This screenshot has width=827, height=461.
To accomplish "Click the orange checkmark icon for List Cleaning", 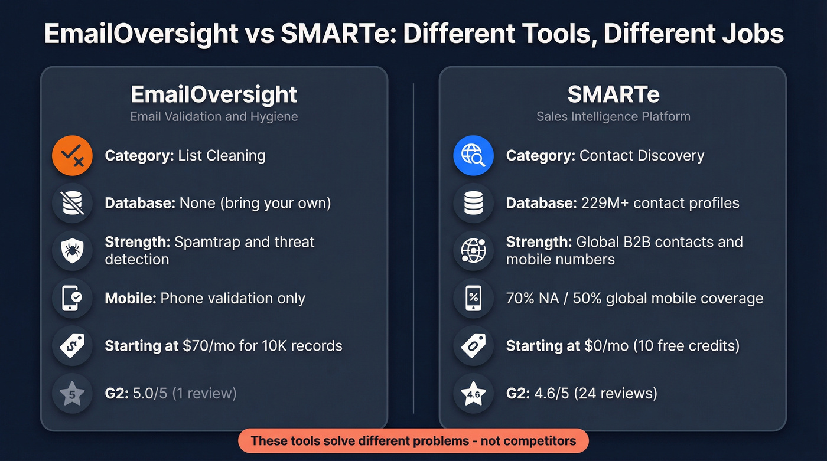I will tap(73, 156).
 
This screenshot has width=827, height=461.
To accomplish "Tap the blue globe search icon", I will tap(473, 156).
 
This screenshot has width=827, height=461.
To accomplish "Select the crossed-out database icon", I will tap(73, 203).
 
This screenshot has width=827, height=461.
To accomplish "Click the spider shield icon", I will tap(73, 250).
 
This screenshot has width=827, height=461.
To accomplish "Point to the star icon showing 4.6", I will tap(473, 394).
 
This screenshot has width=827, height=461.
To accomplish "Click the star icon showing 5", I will tap(73, 394).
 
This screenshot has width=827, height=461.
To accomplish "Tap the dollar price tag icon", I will tap(73, 346).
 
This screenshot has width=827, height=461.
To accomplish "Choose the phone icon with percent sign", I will tap(473, 298).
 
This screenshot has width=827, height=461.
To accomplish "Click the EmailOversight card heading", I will tap(214, 94).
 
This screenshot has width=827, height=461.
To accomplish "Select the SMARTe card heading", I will tap(613, 94).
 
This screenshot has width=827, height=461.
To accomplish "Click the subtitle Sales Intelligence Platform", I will tap(613, 116).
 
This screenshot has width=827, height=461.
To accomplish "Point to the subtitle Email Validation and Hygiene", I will tap(214, 116).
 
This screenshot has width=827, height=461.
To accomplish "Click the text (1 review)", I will tap(204, 393).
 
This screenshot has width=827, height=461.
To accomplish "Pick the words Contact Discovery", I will tap(642, 156).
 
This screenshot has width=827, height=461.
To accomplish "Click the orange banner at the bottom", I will tap(413, 441).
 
